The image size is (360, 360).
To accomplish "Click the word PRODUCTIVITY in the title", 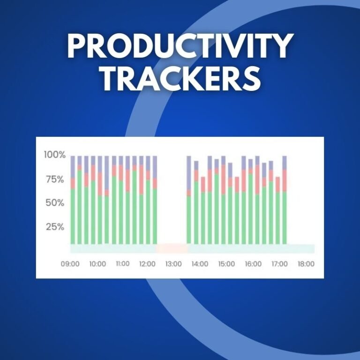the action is [180, 46].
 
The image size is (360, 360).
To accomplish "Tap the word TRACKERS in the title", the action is [181, 79].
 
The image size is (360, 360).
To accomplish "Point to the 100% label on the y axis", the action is [55, 155].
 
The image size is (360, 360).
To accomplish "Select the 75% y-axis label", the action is [55, 180].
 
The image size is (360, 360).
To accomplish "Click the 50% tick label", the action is [55, 202].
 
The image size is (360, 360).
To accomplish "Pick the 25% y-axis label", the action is [55, 227].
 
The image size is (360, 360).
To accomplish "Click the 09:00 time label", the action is [70, 264].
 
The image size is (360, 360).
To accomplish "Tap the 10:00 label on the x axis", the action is [97, 264].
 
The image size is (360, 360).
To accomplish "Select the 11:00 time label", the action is [123, 263].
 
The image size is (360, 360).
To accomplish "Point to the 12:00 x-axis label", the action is [147, 264].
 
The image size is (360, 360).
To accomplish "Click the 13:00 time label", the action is [173, 264].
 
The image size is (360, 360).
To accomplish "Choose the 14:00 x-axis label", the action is [200, 264].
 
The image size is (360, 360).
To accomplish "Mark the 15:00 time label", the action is [226, 264].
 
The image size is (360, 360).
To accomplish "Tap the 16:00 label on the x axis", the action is [253, 264].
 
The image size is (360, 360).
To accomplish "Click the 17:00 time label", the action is [280, 264].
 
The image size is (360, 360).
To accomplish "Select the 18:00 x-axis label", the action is [306, 264].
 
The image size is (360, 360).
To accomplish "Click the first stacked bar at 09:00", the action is [73, 200].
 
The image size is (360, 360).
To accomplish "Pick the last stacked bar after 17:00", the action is [285, 200].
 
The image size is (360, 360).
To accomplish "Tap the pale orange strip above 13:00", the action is [172, 248].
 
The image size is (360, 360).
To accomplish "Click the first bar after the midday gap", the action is [189, 200].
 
